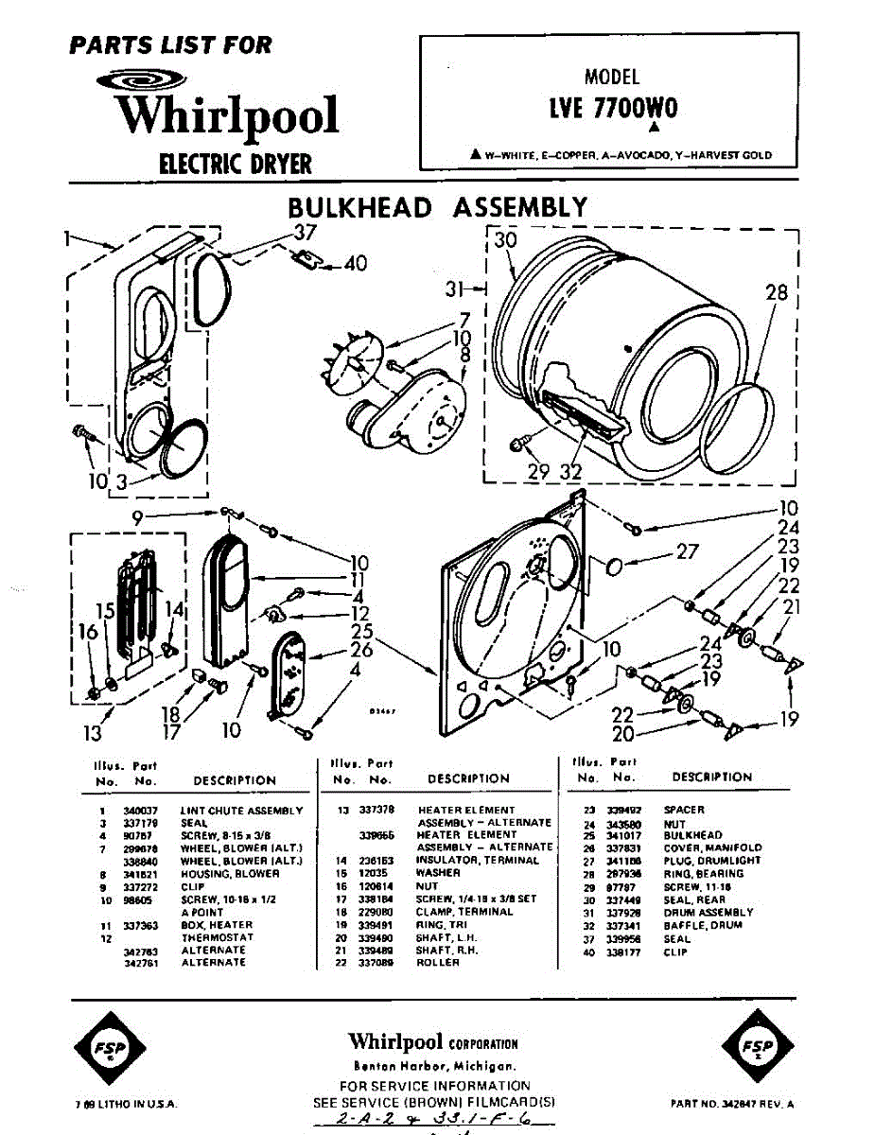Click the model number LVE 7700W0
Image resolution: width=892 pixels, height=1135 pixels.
tap(613, 109)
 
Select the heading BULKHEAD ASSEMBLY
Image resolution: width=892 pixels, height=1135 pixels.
tap(437, 207)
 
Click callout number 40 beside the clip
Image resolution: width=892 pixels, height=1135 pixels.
tap(355, 264)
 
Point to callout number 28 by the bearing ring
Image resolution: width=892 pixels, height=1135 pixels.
tap(776, 293)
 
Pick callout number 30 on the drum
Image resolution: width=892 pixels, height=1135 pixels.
tap(506, 241)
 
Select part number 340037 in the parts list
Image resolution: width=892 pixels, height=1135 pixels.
tap(138, 811)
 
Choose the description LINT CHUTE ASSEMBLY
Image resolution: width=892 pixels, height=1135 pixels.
tap(241, 811)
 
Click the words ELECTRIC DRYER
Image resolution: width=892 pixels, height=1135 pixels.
tap(236, 164)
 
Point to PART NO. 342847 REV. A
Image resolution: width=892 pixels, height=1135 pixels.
tap(732, 1104)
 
